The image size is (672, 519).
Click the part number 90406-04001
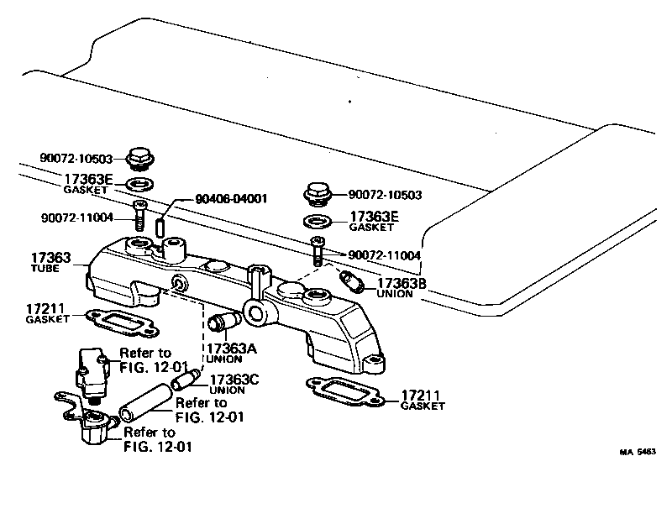(230, 199)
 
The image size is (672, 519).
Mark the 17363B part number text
(402, 284)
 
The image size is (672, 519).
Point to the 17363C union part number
(234, 380)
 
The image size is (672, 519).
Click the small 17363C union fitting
(184, 380)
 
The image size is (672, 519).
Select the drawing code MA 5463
(638, 452)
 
